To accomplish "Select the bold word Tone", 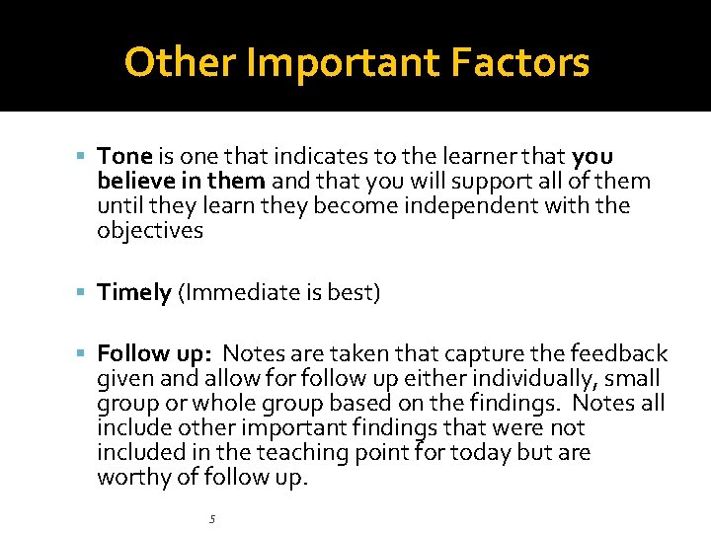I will coord(124,157).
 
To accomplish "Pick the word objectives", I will coord(150,231).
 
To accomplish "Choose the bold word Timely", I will coord(134,293).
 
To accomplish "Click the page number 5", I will coord(211,519).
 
